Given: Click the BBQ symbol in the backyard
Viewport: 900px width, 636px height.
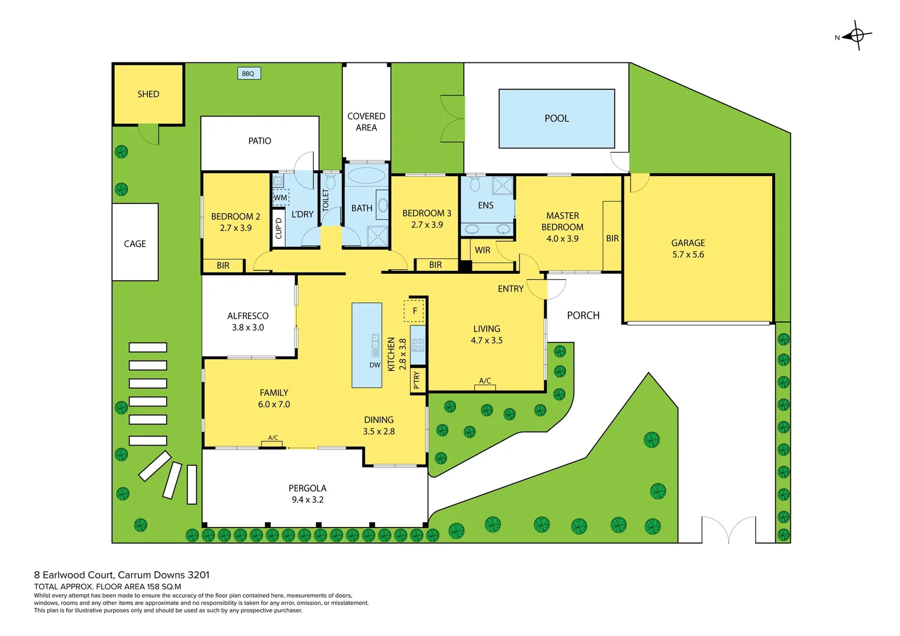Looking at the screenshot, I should click(248, 74).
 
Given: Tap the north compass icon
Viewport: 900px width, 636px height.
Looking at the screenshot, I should click(856, 36).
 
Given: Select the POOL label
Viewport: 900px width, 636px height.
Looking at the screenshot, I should click(557, 118).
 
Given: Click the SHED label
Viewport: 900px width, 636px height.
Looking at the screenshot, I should click(148, 94).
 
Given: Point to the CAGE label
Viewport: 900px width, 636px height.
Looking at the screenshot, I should click(135, 244).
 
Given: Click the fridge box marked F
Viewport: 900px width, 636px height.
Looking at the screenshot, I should click(414, 311).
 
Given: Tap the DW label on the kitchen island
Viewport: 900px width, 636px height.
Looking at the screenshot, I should click(375, 365).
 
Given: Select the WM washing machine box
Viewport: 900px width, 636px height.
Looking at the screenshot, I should click(280, 197).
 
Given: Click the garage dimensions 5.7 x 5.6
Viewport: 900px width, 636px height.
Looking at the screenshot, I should click(688, 255).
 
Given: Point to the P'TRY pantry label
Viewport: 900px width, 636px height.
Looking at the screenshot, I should click(417, 380).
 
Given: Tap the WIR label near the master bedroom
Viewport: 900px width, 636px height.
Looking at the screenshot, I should click(482, 250).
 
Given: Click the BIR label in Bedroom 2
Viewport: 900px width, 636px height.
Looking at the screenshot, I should click(223, 266).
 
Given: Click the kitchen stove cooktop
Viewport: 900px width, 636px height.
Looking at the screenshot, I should click(418, 345).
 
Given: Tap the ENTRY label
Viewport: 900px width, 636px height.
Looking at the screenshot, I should click(510, 289).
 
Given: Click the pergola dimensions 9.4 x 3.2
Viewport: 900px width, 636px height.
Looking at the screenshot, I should click(307, 500).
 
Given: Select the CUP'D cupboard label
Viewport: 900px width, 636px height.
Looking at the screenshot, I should click(279, 228).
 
